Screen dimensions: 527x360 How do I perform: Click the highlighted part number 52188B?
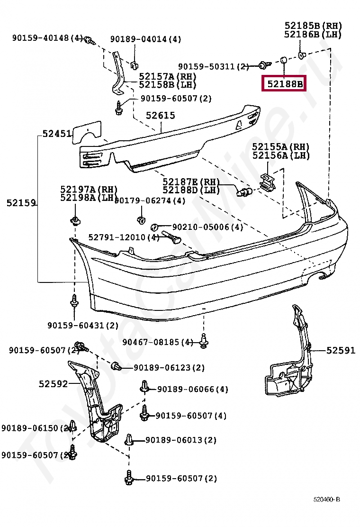coord(284,84)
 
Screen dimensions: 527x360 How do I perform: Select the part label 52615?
coord(160,115)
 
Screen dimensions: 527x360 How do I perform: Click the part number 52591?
coord(340,350)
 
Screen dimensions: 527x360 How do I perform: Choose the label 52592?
coord(54,384)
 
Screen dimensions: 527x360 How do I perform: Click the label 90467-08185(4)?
coord(158,342)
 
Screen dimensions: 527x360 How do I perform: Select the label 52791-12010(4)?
coord(124,237)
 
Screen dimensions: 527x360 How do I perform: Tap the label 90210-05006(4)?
coord(207,227)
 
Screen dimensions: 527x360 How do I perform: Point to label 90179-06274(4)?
coord(150,201)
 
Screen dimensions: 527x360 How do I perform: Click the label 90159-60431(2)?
coord(83,325)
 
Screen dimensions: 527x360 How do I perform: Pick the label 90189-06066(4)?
coord(192,389)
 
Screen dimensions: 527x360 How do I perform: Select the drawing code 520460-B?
coord(326,500)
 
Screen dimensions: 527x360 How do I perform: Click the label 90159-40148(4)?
coord(47,38)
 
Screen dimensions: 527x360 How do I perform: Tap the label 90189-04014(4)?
coord(145,39)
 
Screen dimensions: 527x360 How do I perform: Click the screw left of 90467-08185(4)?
coord(204,341)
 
